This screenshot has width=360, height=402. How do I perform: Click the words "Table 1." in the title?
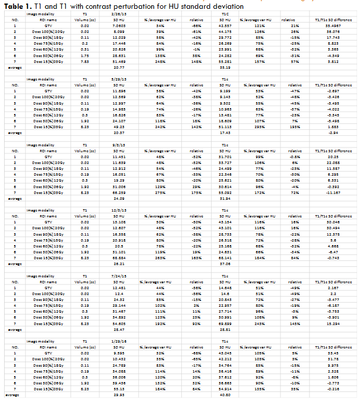click(16, 5)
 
